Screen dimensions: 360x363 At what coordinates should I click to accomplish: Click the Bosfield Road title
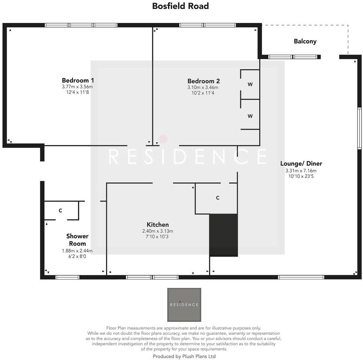180,6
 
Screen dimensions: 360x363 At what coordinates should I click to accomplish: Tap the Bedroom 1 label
78,80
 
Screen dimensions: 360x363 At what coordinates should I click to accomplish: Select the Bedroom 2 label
203,81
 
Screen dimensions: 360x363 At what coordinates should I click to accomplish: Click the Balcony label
305,41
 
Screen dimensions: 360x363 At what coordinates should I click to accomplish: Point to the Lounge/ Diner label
301,164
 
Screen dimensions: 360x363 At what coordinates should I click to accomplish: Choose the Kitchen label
157,225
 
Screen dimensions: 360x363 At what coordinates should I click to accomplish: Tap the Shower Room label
77,240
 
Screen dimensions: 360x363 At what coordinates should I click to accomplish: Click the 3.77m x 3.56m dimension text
77,87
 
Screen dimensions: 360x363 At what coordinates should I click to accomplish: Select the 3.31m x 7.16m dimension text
301,171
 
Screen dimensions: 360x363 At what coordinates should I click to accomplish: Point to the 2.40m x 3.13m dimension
157,231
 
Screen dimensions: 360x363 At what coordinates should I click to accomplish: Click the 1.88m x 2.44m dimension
77,250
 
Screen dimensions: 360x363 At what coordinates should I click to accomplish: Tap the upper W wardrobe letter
250,84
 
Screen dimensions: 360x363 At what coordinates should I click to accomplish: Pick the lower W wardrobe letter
250,116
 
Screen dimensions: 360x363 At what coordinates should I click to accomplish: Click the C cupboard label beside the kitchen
217,198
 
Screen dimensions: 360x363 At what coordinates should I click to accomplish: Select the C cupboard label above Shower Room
60,211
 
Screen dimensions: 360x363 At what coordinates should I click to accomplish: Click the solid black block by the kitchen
223,235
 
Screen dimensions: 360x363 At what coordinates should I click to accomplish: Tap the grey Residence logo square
184,305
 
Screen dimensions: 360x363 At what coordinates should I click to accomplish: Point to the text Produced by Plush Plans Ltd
184,356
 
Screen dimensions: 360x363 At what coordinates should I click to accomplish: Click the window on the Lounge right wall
359,128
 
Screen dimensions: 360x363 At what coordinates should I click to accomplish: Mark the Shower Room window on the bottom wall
67,277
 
